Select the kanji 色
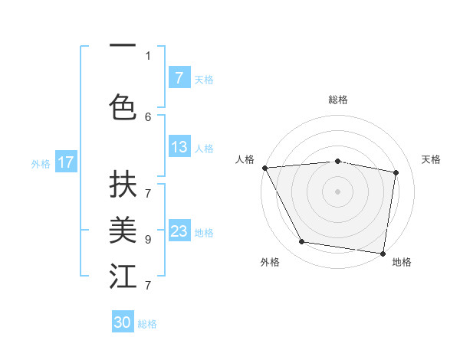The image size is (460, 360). click(123, 106)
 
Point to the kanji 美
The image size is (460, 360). click(123, 229)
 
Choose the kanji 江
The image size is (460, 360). click(123, 276)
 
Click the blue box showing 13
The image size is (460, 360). click(179, 147)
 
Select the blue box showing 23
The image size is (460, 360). click(179, 231)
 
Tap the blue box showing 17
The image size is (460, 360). click(66, 162)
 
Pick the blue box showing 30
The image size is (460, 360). click(123, 322)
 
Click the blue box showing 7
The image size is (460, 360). click(179, 77)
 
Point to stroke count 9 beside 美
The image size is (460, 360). click(148, 239)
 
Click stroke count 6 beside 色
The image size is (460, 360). click(148, 116)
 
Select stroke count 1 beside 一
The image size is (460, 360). click(148, 55)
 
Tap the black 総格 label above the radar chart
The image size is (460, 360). click(338, 100)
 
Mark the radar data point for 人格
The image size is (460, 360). click(264, 167)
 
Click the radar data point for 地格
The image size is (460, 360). click(383, 253)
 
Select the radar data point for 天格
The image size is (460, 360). click(396, 172)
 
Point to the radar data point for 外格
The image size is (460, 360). click(302, 242)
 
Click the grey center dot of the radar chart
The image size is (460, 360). click(338, 191)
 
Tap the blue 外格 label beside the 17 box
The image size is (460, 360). click(41, 163)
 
